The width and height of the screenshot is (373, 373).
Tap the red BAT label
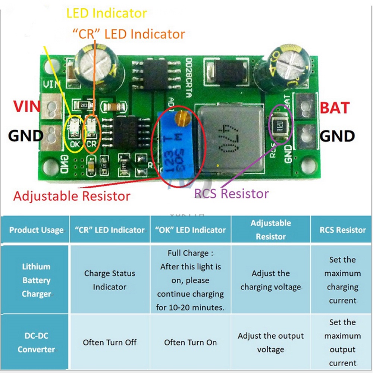point(335,108)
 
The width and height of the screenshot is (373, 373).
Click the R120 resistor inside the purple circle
point(279,125)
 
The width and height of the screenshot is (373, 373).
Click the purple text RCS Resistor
point(231,194)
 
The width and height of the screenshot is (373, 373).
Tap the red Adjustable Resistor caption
point(72,196)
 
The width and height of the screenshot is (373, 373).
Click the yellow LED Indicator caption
point(106,13)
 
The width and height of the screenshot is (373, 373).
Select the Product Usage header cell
point(36,230)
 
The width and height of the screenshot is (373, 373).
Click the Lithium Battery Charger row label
point(36,280)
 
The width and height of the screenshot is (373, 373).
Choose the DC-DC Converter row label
point(36,343)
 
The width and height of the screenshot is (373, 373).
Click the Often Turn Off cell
point(110,342)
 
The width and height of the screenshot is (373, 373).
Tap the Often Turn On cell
point(190,342)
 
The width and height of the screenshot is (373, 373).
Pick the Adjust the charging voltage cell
point(270,280)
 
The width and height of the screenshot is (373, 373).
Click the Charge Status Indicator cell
point(110,280)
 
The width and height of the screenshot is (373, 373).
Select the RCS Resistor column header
point(342,230)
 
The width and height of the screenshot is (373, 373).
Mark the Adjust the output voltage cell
point(270,342)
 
